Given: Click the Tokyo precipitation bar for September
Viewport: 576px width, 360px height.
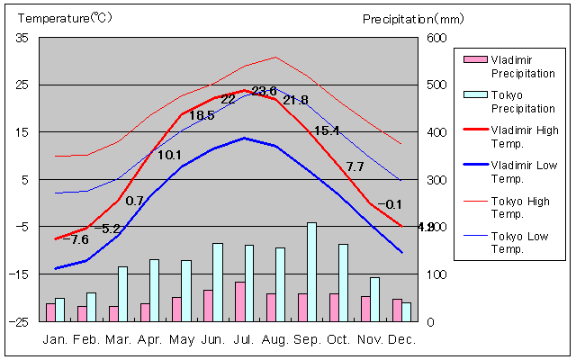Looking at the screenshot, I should [x=311, y=272].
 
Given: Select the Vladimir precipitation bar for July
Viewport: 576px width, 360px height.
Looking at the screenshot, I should [x=239, y=301].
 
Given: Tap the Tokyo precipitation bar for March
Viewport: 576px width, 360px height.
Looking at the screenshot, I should [x=122, y=293].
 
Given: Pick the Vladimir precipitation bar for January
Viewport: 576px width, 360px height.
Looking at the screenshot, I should [x=50, y=311].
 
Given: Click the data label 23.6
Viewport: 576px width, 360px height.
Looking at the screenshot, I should [x=264, y=90].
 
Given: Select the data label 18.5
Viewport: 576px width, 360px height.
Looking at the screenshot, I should [x=202, y=115].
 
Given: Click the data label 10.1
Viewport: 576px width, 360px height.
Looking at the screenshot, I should [x=169, y=155].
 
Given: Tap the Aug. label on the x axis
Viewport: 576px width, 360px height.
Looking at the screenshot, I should [x=275, y=339].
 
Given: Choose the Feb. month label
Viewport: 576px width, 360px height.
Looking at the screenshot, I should [x=86, y=339].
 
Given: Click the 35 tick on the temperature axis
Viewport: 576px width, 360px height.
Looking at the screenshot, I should [x=22, y=38].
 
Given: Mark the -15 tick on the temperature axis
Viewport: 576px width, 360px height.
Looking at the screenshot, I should [x=20, y=274].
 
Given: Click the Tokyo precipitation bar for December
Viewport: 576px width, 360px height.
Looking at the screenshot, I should [x=406, y=311].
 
